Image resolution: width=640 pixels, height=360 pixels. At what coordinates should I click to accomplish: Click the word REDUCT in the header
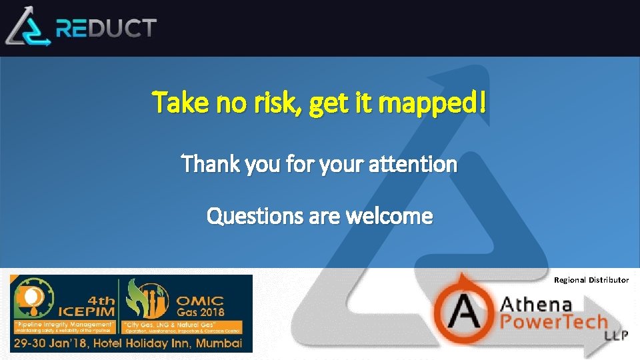(x=107, y=28)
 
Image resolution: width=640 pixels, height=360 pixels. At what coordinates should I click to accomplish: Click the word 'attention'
(x=414, y=163)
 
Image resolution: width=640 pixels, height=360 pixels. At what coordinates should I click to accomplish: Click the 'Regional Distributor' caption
(x=591, y=280)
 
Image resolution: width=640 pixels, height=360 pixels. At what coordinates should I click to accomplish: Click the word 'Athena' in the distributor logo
(x=536, y=305)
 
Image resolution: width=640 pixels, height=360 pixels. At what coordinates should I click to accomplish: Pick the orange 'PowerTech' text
(x=553, y=323)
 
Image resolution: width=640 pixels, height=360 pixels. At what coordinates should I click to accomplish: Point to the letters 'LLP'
(x=615, y=335)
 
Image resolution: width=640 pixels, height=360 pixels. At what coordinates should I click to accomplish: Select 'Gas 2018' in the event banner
(x=200, y=312)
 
